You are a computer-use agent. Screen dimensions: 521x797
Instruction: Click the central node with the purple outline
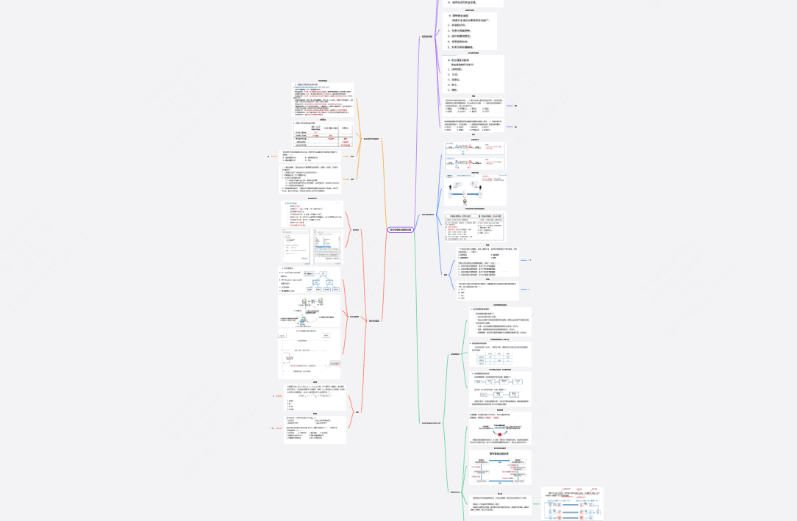point(401,230)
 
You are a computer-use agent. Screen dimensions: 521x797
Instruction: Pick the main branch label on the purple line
point(426,36)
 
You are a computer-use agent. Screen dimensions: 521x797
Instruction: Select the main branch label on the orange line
point(371,137)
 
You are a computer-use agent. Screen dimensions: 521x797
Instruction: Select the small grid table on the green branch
point(500,358)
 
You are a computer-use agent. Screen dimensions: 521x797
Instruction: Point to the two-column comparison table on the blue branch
point(475,227)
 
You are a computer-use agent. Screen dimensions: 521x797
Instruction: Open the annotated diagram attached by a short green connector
point(572,504)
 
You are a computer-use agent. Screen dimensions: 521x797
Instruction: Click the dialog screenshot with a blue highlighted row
point(327,247)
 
